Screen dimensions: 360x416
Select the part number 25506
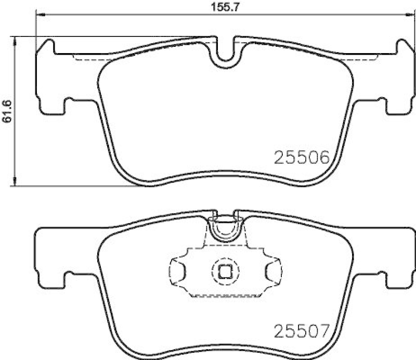(302, 157)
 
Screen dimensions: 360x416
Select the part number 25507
(302, 330)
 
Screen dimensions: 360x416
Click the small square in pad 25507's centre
(224, 271)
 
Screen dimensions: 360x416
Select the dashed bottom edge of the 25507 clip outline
(224, 297)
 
